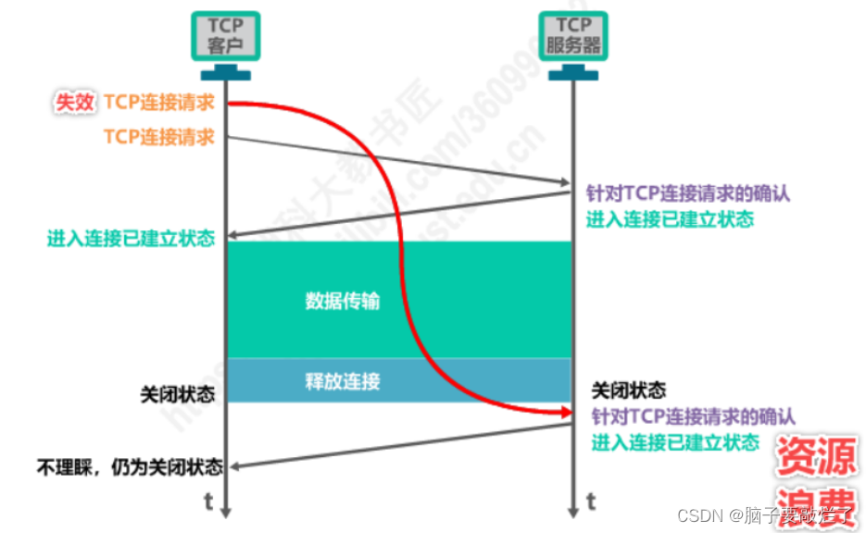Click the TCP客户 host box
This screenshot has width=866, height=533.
coord(225,36)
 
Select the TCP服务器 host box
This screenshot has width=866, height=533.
coord(573,36)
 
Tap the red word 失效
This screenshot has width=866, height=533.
coord(75,103)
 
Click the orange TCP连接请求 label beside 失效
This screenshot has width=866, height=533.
coord(158,103)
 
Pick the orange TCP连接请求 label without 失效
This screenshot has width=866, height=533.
coord(158,137)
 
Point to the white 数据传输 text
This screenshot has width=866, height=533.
coord(342,301)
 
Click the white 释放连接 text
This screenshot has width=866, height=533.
coord(342,379)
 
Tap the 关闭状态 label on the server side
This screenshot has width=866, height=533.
coord(628,390)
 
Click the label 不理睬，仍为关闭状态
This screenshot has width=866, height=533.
coord(129,465)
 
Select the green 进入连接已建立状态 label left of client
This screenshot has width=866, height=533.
coord(131,238)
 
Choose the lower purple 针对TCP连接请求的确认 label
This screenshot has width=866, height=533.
coord(692,416)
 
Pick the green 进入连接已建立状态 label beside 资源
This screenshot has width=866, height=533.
coord(675,442)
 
